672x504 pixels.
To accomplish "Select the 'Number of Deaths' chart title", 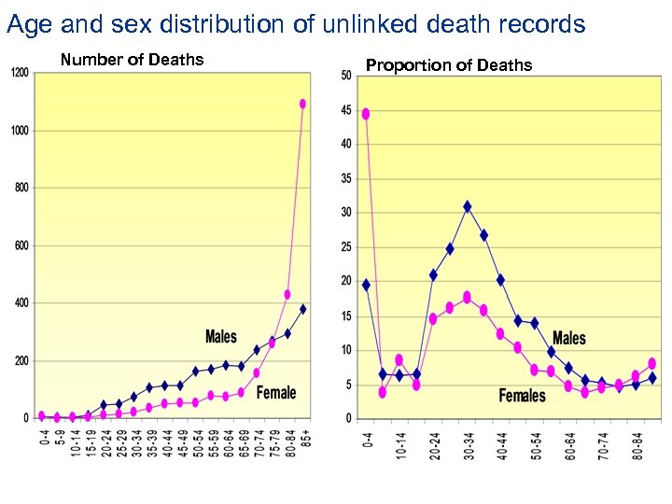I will pyautogui.click(x=132, y=60).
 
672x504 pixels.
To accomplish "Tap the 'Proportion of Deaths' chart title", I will pyautogui.click(x=449, y=64).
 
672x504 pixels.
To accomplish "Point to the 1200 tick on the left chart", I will pyautogui.click(x=20, y=73).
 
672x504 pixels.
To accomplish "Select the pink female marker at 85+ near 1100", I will pyautogui.click(x=302, y=104).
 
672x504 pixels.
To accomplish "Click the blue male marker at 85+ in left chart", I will pyautogui.click(x=302, y=309).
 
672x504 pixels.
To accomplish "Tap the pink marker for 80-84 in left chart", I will pyautogui.click(x=287, y=295).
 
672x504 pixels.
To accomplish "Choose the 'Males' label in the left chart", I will pyautogui.click(x=221, y=336).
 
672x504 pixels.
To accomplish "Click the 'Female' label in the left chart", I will pyautogui.click(x=276, y=392).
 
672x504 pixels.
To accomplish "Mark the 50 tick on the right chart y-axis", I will pyautogui.click(x=345, y=76).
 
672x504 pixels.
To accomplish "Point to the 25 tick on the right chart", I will pyautogui.click(x=345, y=246).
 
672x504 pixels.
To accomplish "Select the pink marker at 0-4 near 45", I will pyautogui.click(x=366, y=114).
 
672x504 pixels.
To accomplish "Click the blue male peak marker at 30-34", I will pyautogui.click(x=467, y=206).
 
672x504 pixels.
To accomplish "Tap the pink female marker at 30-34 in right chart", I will pyautogui.click(x=467, y=297).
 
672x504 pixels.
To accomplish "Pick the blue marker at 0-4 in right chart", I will pyautogui.click(x=366, y=285).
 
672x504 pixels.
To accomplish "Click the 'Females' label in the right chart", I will pyautogui.click(x=522, y=396).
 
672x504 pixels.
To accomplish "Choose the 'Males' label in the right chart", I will pyautogui.click(x=568, y=338).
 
